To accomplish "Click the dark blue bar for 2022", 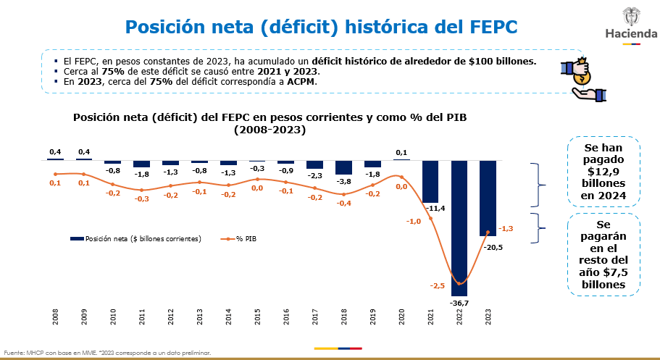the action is point(459,228).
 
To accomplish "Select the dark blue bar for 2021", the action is point(430,182).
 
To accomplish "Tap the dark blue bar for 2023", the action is point(488,198).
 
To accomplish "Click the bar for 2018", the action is point(343,167).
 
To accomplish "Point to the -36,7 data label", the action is point(459,303).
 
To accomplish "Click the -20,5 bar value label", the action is point(493,247).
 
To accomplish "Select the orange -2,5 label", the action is point(438,285).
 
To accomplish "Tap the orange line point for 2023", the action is point(488,232).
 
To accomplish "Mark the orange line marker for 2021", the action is point(430,218).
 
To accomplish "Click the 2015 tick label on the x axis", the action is point(257,317).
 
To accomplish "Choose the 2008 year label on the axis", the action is point(55,317).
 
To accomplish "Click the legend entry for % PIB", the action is point(238,239).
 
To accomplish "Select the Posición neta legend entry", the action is point(136,239).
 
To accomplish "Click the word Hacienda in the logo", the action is point(631,34).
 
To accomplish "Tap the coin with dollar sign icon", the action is point(582,78).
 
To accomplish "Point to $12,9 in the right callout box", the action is point(603,172).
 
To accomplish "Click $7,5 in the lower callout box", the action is point(615,272).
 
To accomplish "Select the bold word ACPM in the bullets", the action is point(301,82).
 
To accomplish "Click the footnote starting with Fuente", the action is point(107,353).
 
